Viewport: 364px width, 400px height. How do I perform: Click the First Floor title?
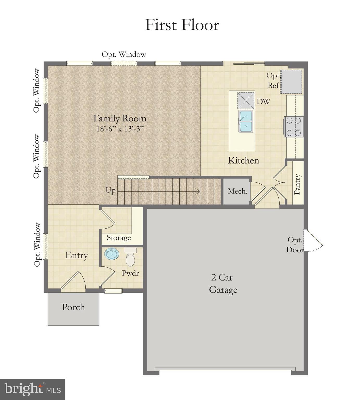182,25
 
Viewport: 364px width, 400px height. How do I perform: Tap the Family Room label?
120,118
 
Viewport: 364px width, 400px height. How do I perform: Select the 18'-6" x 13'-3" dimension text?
120,129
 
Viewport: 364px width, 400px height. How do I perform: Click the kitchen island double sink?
246,121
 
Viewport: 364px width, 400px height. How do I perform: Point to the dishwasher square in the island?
246,100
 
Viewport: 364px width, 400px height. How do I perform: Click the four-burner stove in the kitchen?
294,127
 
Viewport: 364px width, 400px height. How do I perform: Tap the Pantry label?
297,184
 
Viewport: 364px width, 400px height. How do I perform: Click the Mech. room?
237,191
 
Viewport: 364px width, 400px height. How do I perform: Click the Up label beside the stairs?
111,190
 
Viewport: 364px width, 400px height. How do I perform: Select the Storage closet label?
119,238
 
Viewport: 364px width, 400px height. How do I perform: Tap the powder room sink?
112,254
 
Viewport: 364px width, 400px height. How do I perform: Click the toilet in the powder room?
130,257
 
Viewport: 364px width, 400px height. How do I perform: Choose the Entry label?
76,255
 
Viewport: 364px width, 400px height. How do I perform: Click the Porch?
73,308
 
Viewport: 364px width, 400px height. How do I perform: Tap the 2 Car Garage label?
223,284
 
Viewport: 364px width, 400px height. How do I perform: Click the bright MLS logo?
32,389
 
